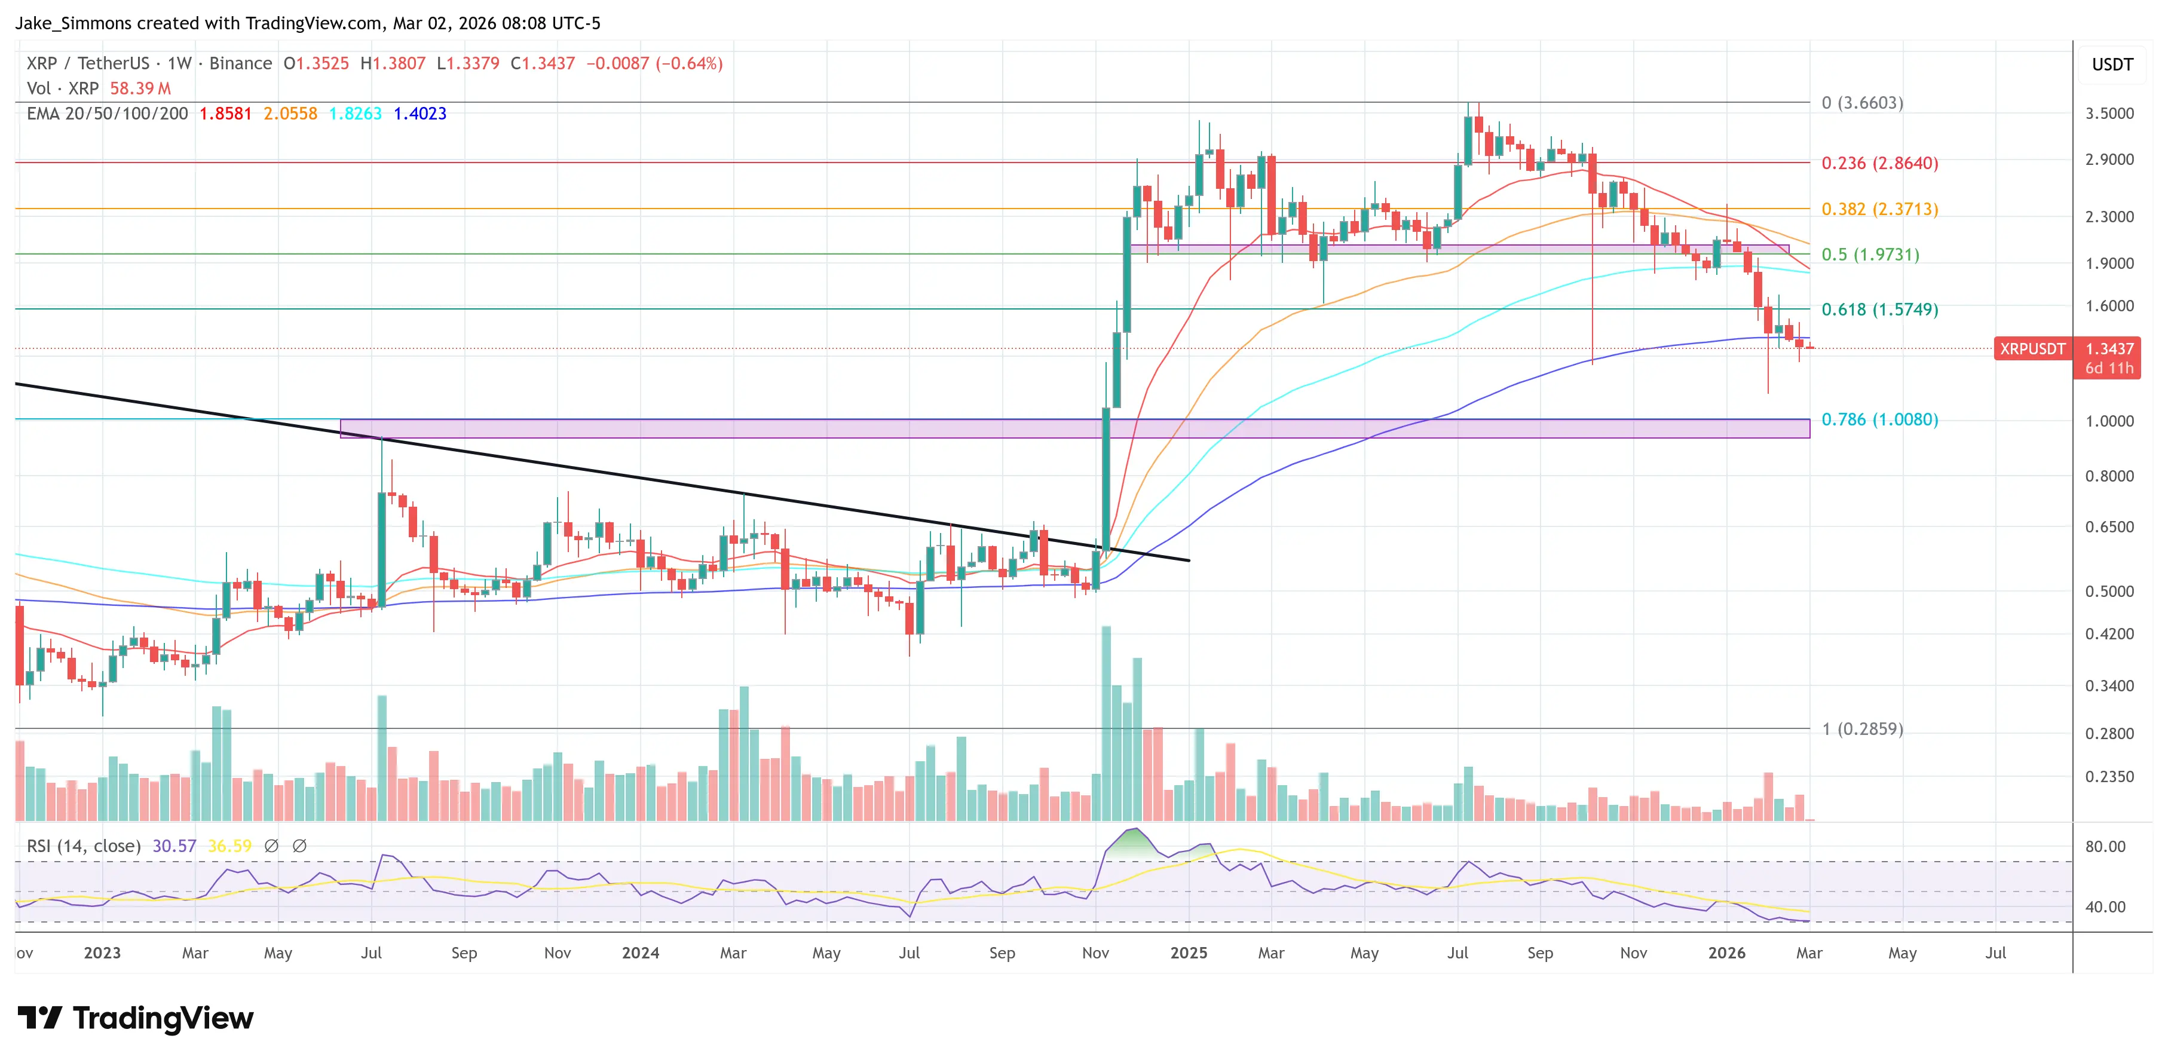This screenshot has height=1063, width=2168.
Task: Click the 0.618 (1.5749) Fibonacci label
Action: pyautogui.click(x=1879, y=309)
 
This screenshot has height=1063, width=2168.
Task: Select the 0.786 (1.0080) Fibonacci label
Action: pyautogui.click(x=1879, y=419)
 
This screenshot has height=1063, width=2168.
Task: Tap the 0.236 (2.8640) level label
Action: pyautogui.click(x=1879, y=163)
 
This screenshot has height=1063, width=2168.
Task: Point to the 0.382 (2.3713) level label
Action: pyautogui.click(x=1879, y=209)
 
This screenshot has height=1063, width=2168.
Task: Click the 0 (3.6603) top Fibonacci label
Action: pyautogui.click(x=1861, y=103)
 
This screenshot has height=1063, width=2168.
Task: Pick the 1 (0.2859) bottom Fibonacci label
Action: pyautogui.click(x=1861, y=729)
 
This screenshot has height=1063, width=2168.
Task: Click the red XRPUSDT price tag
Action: pyautogui.click(x=2032, y=348)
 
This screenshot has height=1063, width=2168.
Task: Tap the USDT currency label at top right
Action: pyautogui.click(x=2112, y=65)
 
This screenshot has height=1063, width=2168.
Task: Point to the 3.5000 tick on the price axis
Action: pyautogui.click(x=2108, y=114)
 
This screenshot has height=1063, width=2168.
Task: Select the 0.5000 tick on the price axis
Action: pyautogui.click(x=2108, y=591)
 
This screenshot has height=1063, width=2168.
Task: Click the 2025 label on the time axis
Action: pyautogui.click(x=1189, y=952)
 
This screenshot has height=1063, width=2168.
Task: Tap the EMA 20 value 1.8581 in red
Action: pyautogui.click(x=225, y=114)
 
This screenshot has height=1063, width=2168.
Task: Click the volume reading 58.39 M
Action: pyautogui.click(x=140, y=88)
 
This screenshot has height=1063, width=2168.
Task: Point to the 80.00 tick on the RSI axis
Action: pyautogui.click(x=2104, y=847)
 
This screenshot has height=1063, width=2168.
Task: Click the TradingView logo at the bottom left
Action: pyautogui.click(x=134, y=1018)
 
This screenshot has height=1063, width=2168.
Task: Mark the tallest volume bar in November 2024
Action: pyautogui.click(x=1106, y=724)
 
